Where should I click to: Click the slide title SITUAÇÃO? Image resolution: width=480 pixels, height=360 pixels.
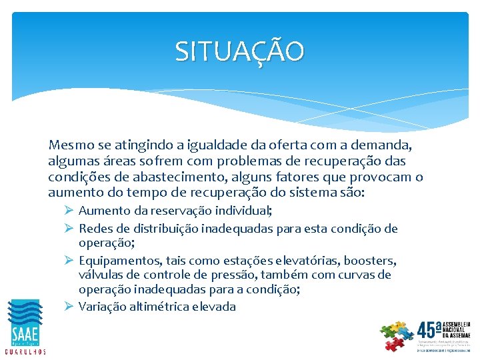coord(239,51)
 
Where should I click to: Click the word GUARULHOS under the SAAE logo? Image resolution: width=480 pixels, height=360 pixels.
coord(25,351)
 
